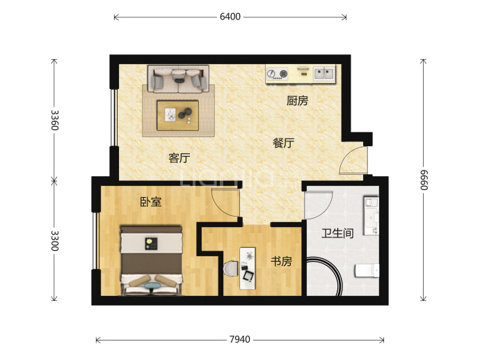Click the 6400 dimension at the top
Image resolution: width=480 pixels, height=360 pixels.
tap(230, 17)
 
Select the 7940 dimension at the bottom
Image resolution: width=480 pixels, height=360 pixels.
tap(240, 340)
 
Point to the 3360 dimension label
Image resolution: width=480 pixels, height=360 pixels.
tap(54, 120)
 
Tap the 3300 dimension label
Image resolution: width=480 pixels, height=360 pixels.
tap(54, 241)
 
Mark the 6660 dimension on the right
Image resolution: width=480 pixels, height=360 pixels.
tap(424, 180)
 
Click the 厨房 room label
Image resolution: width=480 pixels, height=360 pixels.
tap(297, 100)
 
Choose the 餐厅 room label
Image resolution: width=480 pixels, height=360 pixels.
tap(283, 143)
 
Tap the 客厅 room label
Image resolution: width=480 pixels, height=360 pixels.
tap(179, 158)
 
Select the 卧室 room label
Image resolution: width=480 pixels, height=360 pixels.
tap(151, 202)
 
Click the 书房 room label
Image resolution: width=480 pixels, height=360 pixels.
tap(281, 261)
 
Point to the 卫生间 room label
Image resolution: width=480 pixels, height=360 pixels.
tap(337, 233)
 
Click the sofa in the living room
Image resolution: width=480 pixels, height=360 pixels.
tap(179, 79)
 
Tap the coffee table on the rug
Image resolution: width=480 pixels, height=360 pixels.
tap(177, 115)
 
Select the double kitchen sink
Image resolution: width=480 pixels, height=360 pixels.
tap(324, 74)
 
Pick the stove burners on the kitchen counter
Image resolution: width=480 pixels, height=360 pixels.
tap(278, 74)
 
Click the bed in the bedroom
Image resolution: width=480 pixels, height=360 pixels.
tap(152, 260)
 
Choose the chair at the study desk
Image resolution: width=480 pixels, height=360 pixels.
tap(231, 269)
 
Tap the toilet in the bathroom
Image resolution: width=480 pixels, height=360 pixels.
tap(367, 271)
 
